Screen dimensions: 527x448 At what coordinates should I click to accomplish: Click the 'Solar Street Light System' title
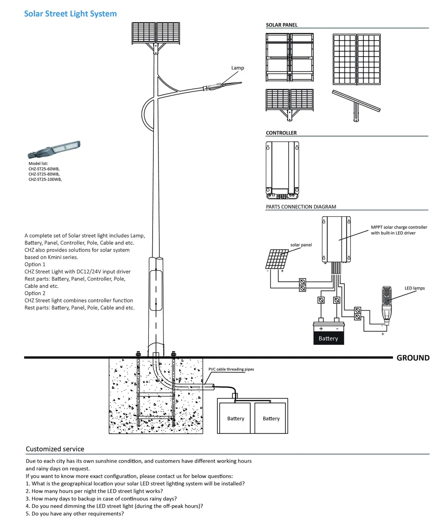coord(70,14)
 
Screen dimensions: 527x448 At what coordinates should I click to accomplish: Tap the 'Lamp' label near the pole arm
coord(238,68)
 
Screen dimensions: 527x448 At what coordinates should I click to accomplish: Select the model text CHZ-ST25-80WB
coord(44,174)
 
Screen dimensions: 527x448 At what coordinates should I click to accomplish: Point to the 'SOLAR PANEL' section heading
coord(281,25)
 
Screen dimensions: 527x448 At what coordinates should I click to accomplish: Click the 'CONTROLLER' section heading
coord(281,133)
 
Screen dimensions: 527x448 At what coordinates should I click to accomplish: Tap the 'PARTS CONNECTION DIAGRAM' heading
coord(301,207)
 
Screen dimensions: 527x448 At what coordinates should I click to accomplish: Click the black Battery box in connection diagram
coord(328,338)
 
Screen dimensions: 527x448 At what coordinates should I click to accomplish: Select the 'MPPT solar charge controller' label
coord(399,227)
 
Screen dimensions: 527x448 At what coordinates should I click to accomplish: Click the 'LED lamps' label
coord(415,288)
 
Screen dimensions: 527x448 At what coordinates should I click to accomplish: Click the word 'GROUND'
coord(412,358)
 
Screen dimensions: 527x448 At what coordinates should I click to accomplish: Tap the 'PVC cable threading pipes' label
coord(231,369)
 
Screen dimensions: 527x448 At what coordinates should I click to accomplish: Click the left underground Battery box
coord(235,418)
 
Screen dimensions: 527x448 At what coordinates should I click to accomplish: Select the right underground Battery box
coord(271,418)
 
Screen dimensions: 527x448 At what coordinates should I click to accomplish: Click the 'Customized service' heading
coord(55,449)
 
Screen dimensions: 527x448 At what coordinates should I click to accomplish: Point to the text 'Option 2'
coord(35,293)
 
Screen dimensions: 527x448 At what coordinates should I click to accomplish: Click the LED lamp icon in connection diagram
coord(387,303)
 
